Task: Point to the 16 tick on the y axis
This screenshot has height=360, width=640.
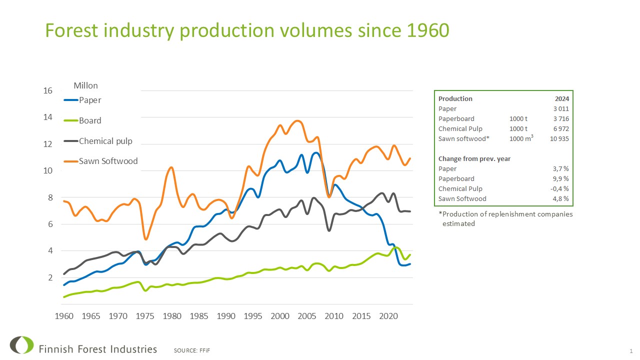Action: coord(47,91)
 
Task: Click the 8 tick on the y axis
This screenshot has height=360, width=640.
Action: coord(49,197)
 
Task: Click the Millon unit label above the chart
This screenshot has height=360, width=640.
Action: coord(85,86)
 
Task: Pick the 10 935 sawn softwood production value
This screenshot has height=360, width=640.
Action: coord(559,138)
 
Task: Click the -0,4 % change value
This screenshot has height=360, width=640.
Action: coord(560,188)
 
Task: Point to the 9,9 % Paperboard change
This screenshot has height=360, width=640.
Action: coord(561,178)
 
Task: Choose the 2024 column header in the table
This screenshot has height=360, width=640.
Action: coord(562,98)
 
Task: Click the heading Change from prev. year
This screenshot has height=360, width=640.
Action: coord(474,158)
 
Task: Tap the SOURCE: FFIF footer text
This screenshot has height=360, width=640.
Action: coord(192,350)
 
